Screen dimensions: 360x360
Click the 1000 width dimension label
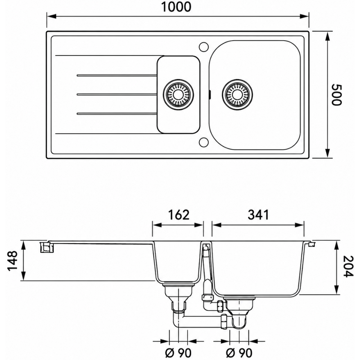coord(176,7)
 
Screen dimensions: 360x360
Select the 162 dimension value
coord(179,215)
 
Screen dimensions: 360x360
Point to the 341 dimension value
coord(258,215)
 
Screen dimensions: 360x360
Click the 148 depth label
coord(13,261)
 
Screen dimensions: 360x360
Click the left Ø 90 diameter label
coord(178,352)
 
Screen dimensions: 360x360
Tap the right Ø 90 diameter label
coord(239,352)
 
